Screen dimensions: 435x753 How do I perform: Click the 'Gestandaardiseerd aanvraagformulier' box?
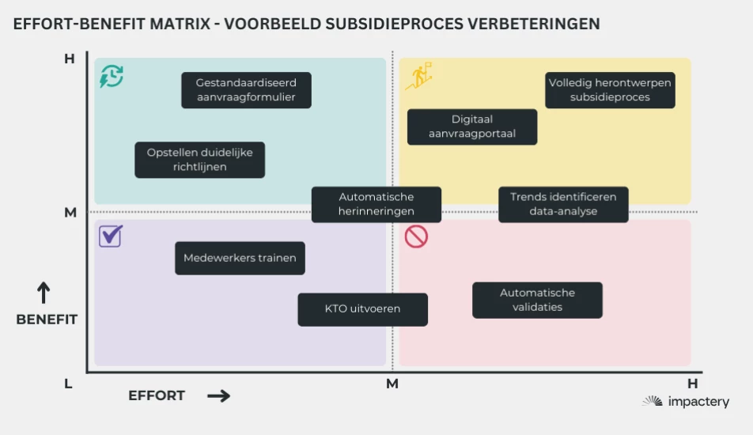pos(246,90)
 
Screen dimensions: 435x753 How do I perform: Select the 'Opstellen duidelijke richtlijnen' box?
pos(199,160)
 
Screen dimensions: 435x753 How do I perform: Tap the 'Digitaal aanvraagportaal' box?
pos(472,127)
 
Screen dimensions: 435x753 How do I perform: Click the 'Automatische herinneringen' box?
pos(376,204)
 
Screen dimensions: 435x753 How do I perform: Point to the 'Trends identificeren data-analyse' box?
pos(563,204)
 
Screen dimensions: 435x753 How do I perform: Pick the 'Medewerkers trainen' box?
pos(240,258)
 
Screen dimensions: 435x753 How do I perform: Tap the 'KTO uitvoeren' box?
pos(362,309)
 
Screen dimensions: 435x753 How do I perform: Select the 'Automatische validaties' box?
pos(537,300)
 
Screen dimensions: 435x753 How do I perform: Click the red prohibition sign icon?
pos(416,236)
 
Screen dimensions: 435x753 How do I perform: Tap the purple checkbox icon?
pos(110,236)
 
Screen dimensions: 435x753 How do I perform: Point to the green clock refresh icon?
pos(112,77)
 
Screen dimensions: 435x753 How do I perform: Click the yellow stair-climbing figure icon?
pos(418,76)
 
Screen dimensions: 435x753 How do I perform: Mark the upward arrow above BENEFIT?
pos(44,293)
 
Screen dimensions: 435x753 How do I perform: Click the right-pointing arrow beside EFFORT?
pos(218,396)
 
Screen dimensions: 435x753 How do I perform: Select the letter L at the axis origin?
pos(68,384)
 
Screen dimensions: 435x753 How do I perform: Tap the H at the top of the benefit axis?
pos(69,59)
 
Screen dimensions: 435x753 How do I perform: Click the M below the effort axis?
pos(392,384)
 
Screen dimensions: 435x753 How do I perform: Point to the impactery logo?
pos(686,402)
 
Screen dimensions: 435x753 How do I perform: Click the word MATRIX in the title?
pos(176,24)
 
